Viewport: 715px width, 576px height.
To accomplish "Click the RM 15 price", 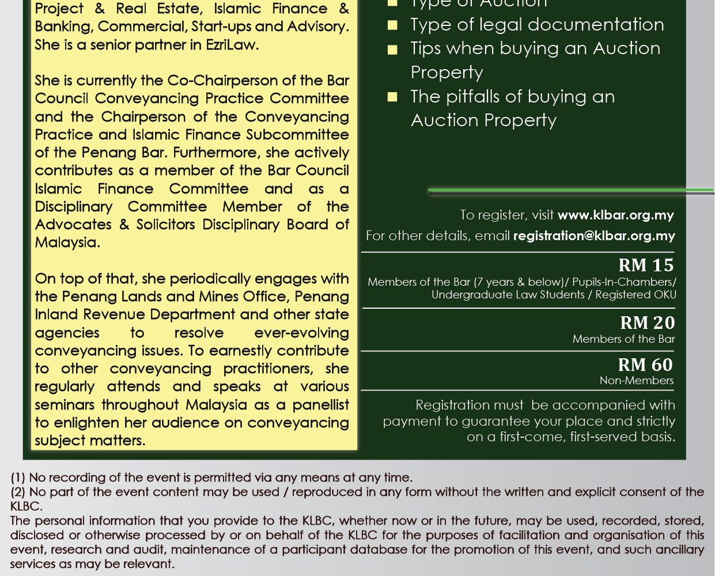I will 646,265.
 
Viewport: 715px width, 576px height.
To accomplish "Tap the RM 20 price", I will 647,323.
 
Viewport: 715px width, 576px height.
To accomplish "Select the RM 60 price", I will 645,365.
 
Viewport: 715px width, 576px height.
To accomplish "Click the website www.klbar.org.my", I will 615,215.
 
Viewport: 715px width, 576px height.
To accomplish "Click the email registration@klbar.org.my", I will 594,236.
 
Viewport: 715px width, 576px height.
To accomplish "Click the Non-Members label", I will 636,380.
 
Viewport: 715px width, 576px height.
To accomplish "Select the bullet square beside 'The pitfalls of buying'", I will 392,97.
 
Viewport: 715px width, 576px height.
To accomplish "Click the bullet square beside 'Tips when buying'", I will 392,50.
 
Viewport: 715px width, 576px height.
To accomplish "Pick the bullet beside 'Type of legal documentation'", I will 392,25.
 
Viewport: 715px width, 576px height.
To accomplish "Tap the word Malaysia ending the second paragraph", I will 67,242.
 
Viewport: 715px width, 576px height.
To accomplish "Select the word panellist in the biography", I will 320,404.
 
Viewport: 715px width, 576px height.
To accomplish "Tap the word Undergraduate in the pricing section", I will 470,294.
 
